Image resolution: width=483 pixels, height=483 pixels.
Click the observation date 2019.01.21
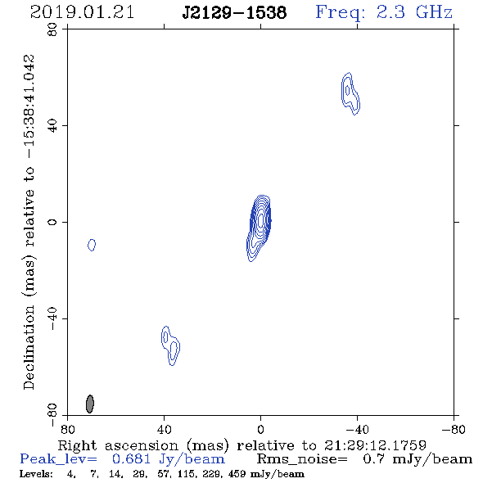(82, 12)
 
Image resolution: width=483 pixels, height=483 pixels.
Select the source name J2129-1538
(234, 13)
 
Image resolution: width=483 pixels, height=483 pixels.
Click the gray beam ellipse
(89, 404)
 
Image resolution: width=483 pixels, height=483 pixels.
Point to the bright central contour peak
(261, 220)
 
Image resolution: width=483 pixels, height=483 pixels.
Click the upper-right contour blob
(350, 93)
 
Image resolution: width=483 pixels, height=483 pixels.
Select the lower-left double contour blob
(170, 345)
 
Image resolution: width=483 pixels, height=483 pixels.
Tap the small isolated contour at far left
(92, 245)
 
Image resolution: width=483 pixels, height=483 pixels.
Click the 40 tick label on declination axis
(52, 126)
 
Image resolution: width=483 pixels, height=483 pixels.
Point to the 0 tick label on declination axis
(52, 222)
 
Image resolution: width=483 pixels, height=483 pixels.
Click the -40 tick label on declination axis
(52, 318)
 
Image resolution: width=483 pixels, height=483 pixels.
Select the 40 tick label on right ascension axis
(164, 430)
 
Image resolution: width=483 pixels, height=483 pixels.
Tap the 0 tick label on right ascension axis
(260, 430)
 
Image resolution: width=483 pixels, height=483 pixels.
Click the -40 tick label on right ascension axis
(357, 430)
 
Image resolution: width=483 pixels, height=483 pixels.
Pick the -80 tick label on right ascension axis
(454, 430)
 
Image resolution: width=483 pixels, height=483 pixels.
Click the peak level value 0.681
(131, 459)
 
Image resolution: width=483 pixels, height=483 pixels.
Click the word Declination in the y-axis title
(29, 347)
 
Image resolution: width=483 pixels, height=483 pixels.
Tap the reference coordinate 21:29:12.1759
(375, 445)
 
